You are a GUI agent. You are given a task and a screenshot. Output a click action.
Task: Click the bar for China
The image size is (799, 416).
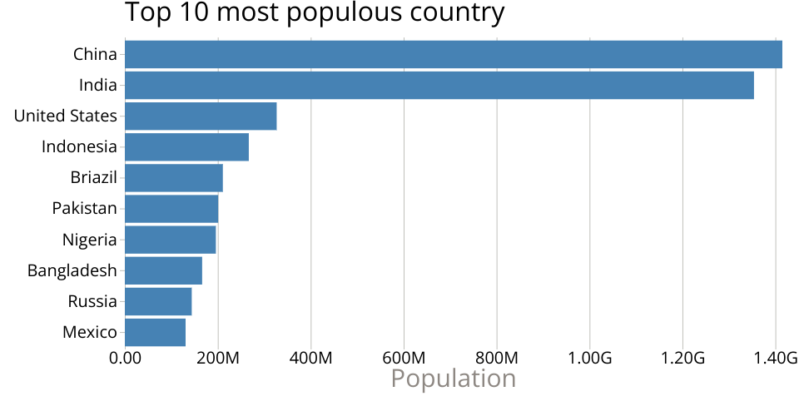pyautogui.click(x=454, y=55)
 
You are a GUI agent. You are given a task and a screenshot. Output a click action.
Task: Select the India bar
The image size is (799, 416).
pyautogui.click(x=439, y=86)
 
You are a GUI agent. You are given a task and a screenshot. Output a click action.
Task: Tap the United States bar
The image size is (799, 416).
pyautogui.click(x=201, y=116)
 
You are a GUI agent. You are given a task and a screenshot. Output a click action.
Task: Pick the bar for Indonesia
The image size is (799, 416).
pyautogui.click(x=187, y=147)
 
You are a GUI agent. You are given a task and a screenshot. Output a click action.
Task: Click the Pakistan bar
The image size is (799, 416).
pyautogui.click(x=171, y=209)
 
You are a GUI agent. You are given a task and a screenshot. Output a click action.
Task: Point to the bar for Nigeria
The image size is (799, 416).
pyautogui.click(x=171, y=240)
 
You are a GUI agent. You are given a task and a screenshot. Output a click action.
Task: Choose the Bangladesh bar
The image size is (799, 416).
pyautogui.click(x=164, y=270)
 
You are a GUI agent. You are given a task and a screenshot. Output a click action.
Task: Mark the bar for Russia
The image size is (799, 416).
pyautogui.click(x=158, y=301)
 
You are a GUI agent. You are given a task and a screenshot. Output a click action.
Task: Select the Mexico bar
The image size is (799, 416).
pyautogui.click(x=156, y=332)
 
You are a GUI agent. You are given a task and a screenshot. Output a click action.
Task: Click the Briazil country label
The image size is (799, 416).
pyautogui.click(x=93, y=178)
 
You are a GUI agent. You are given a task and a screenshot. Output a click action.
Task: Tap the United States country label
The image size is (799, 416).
pyautogui.click(x=65, y=116)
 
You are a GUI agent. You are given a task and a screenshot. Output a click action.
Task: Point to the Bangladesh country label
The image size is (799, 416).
pyautogui.click(x=72, y=270)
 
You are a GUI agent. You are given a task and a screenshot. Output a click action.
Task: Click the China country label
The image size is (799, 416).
pyautogui.click(x=95, y=55)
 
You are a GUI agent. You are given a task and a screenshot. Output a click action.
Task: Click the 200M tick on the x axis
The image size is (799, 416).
pyautogui.click(x=218, y=359)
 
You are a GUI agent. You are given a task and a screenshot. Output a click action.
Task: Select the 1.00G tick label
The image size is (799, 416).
pyautogui.click(x=589, y=359)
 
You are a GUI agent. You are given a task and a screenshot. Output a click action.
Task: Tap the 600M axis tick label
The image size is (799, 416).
pyautogui.click(x=404, y=359)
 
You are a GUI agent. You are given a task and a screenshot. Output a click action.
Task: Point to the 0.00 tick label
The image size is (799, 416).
pyautogui.click(x=125, y=359)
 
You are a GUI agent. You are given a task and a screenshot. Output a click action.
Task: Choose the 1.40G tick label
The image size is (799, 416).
pyautogui.click(x=775, y=359)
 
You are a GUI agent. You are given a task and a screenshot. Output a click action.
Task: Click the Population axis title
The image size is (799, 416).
pyautogui.click(x=454, y=379)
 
